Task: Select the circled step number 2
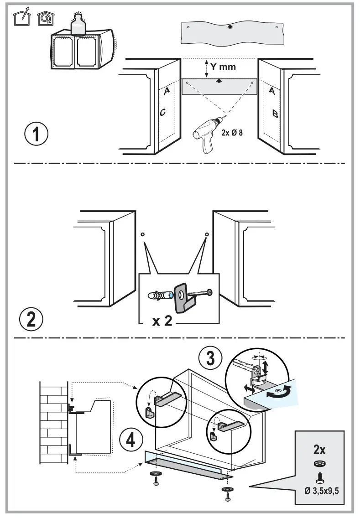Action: coord(31,319)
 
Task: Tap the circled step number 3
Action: coord(211,358)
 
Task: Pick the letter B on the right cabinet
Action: coord(275,113)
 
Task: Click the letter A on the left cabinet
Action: coord(167,91)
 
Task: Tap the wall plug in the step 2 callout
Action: coord(159,295)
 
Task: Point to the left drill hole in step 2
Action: coord(142,234)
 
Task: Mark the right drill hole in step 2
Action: coord(206,234)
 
